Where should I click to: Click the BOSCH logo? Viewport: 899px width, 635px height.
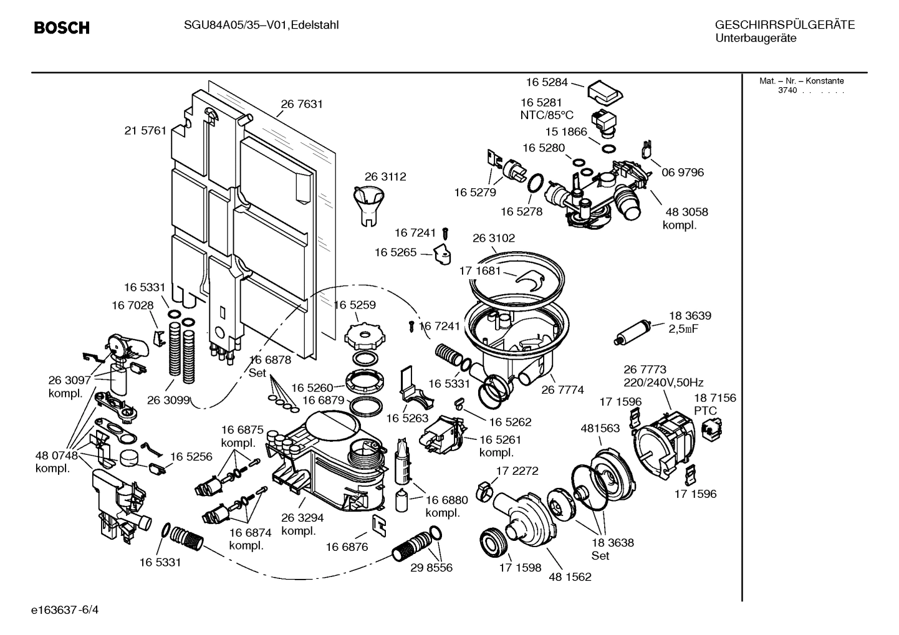click(x=62, y=28)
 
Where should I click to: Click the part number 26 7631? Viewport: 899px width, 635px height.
click(x=302, y=104)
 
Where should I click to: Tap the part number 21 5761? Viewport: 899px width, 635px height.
click(x=145, y=130)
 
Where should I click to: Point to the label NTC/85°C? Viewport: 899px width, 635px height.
click(x=546, y=115)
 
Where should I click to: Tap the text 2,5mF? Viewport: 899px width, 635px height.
click(x=683, y=328)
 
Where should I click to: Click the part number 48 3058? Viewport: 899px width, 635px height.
click(x=686, y=212)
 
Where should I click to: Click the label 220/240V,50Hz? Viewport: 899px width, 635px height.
click(x=663, y=383)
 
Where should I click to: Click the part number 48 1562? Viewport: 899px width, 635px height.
click(x=570, y=576)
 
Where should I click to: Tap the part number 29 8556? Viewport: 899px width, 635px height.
click(x=431, y=568)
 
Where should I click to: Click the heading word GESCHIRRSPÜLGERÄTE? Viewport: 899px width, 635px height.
click(x=784, y=25)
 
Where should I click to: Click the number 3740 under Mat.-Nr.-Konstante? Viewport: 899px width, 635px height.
click(x=787, y=90)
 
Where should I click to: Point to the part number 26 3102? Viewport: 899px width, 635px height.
click(x=494, y=238)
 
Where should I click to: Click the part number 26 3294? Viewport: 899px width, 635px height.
click(x=302, y=518)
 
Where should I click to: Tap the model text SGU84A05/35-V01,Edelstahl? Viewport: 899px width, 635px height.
click(x=261, y=25)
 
